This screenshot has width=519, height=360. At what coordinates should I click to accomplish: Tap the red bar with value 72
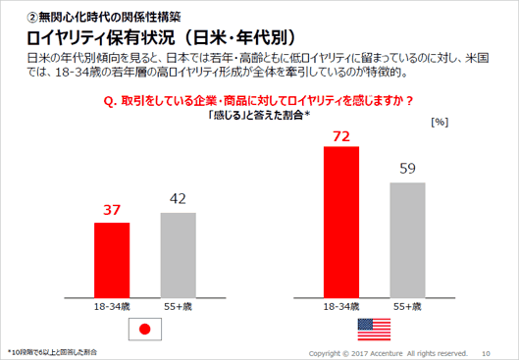tap(342, 222)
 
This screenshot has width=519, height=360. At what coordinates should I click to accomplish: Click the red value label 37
tap(112, 208)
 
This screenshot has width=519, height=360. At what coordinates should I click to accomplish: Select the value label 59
tap(408, 167)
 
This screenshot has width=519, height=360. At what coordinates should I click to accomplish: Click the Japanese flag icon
tap(145, 330)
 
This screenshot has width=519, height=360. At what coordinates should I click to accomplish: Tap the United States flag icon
tap(376, 330)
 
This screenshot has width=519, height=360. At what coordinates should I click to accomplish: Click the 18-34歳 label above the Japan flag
tap(112, 307)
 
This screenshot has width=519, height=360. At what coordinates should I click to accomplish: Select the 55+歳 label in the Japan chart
tap(178, 307)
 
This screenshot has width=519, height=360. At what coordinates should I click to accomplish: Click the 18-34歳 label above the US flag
tap(342, 307)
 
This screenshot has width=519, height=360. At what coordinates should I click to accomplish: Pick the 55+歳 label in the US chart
tap(408, 307)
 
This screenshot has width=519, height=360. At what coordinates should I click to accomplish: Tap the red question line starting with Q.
tap(257, 100)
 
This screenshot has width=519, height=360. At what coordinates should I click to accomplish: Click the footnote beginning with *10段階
tap(54, 351)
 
